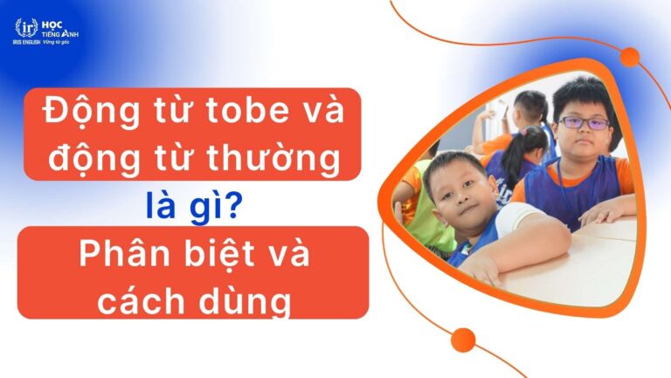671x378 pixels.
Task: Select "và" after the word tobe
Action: (x=315, y=113)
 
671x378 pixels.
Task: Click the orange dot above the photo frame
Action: (x=629, y=58)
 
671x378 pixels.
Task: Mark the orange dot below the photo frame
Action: (x=464, y=340)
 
